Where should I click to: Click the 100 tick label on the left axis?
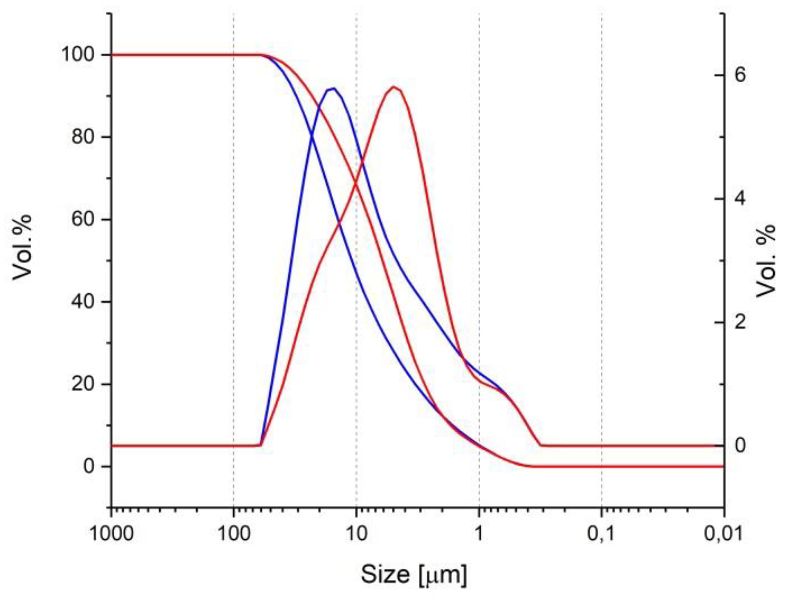coord(78,54)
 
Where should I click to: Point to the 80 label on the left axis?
coord(83,137)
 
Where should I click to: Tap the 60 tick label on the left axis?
coord(83,219)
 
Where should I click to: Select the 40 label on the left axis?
coord(83,301)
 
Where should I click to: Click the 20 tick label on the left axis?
coord(83,384)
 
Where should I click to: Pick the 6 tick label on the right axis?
coord(740,75)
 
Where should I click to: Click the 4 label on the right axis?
coord(740,198)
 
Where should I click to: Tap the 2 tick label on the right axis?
coord(740,322)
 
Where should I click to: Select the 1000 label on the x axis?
coord(112,534)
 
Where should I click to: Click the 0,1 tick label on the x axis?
coord(601,534)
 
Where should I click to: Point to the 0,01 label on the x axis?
coord(723,534)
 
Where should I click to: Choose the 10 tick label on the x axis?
coord(356,534)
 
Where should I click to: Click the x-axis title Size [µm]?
coord(414,574)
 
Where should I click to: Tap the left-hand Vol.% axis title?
coord(22,247)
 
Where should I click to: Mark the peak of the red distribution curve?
coord(394,87)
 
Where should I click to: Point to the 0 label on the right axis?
coord(740,445)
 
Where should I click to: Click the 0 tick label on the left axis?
coord(89,466)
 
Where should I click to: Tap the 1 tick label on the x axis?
coord(479,534)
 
